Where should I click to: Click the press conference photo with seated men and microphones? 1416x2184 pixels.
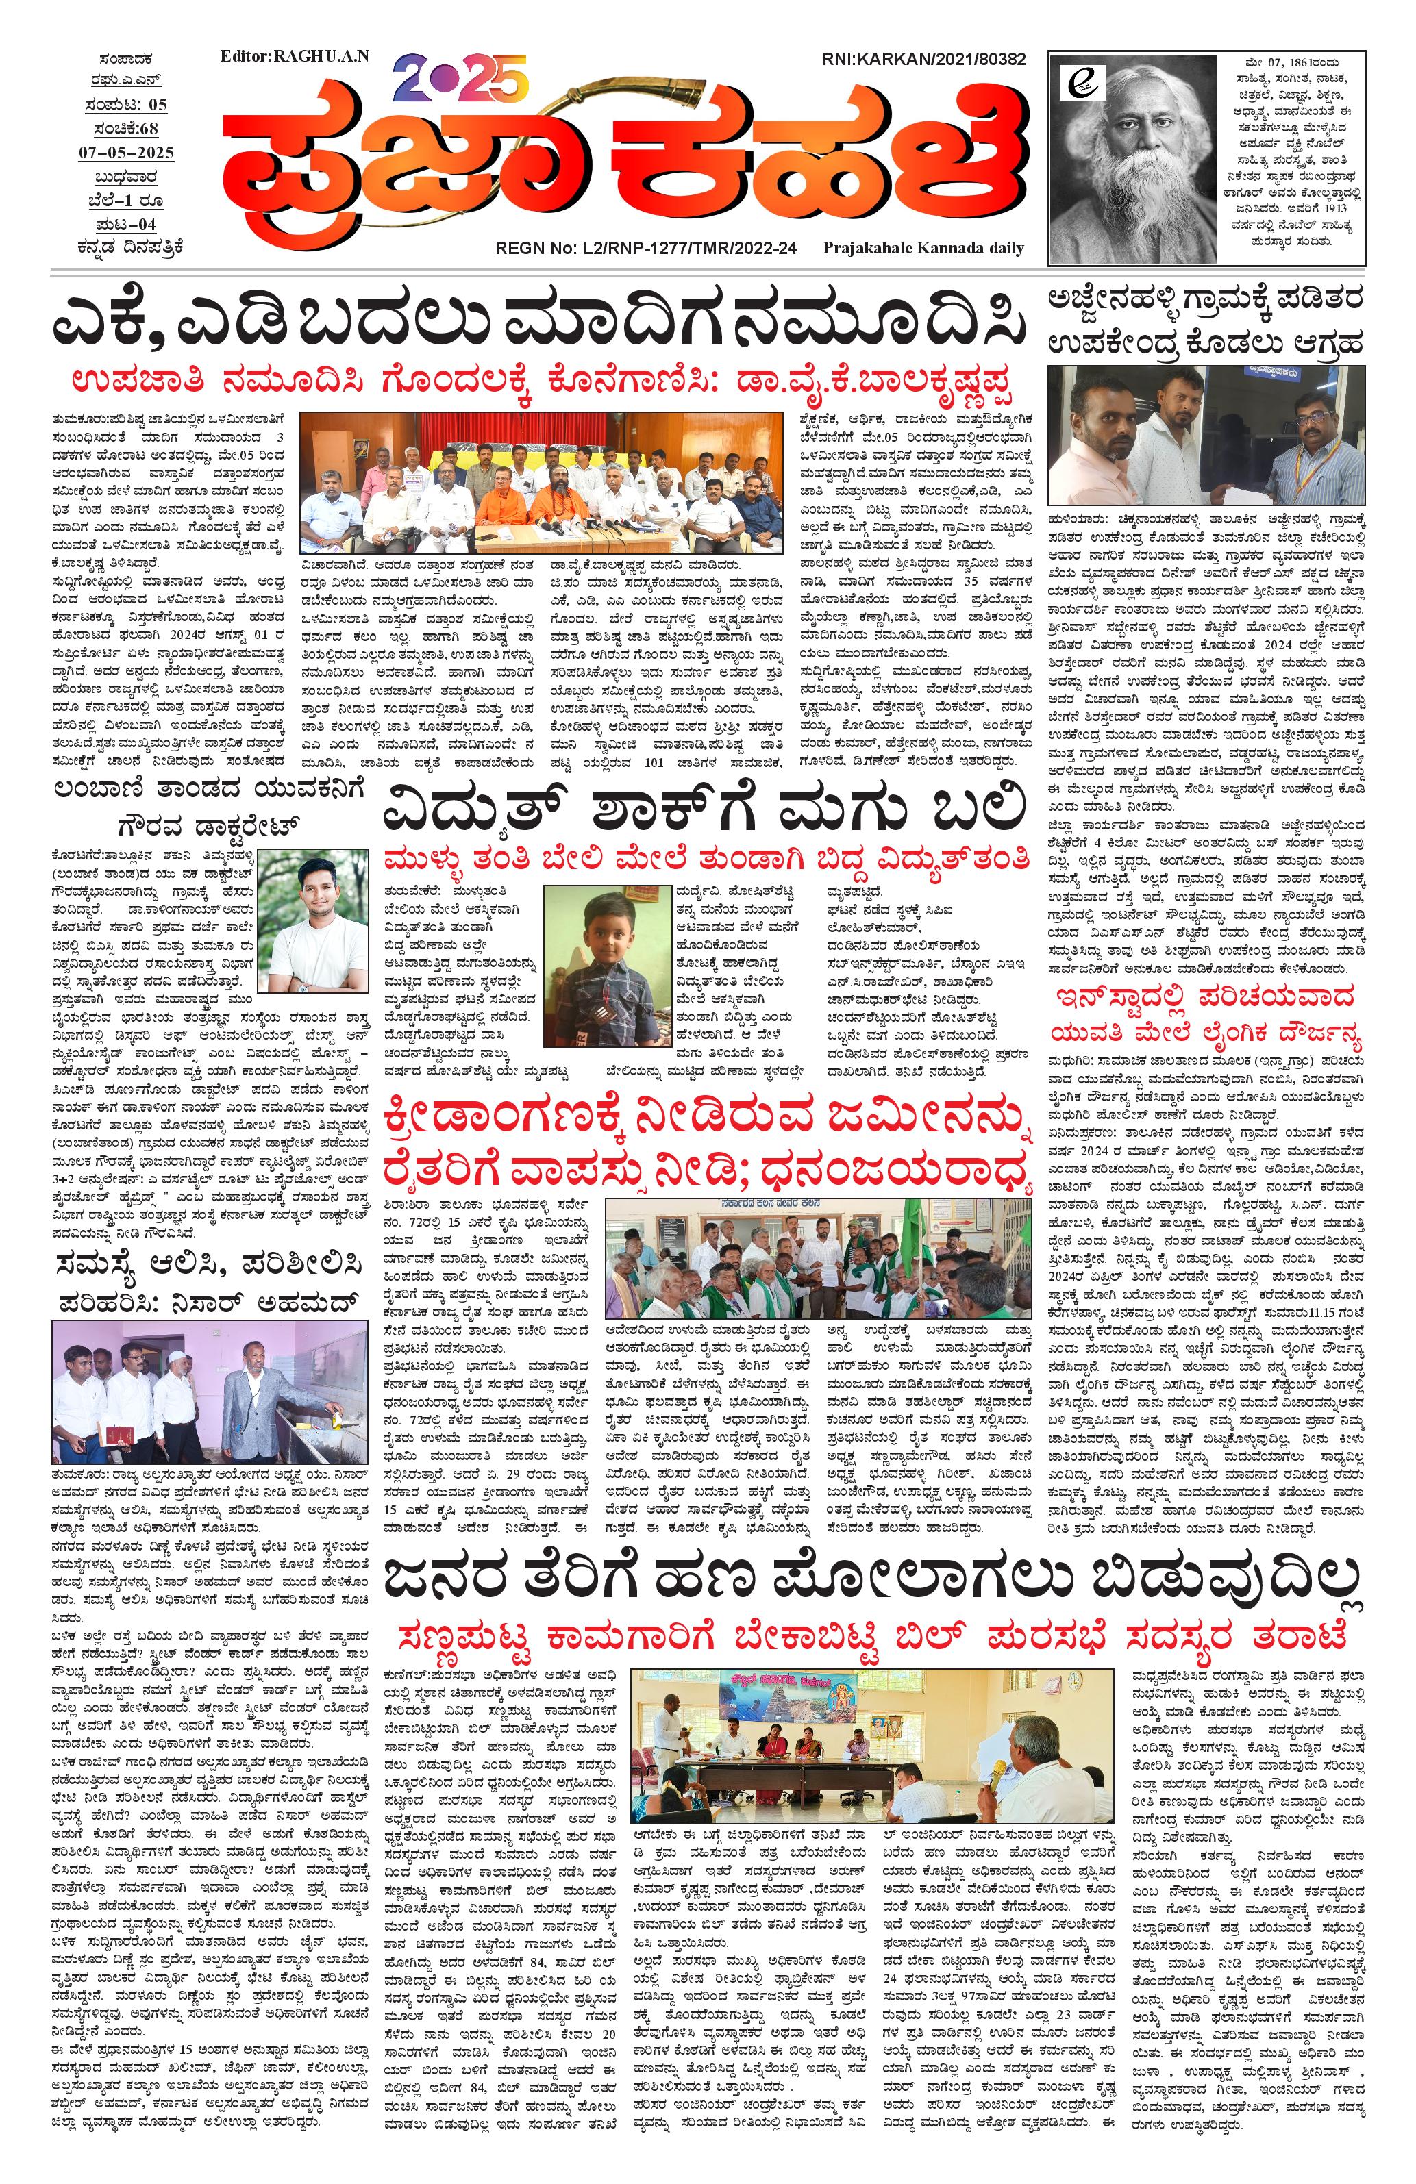[x=541, y=481]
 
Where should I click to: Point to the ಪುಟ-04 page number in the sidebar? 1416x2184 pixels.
[x=126, y=225]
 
